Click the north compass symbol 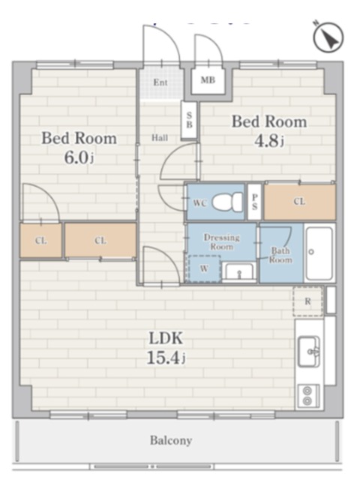point(328,37)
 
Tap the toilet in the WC point(227,202)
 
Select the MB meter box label point(208,80)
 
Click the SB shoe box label point(190,120)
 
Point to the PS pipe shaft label point(254,202)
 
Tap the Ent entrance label point(160,82)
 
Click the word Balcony point(171,440)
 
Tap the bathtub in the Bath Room point(319,253)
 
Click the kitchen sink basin point(309,351)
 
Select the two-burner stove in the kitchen point(308,396)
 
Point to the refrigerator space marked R point(307,301)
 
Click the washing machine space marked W point(204,268)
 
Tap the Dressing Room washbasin point(239,271)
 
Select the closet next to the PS point(300,202)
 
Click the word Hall point(160,138)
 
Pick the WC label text point(200,202)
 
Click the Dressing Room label point(222,241)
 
